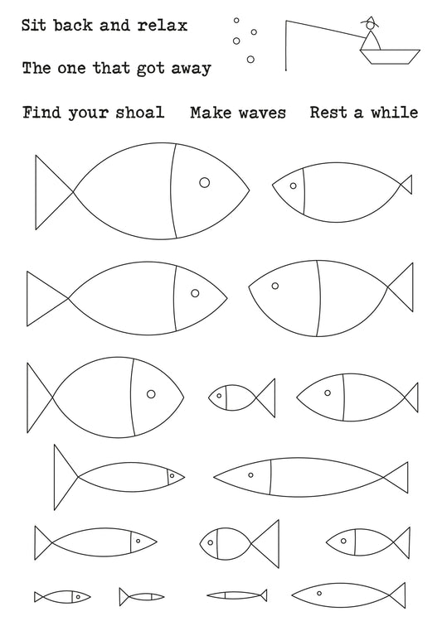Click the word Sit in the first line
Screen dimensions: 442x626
click(x=34, y=25)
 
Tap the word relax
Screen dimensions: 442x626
click(x=163, y=25)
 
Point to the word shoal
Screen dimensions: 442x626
click(x=140, y=112)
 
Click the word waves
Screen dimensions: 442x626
click(x=262, y=113)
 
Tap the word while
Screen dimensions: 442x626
click(x=395, y=112)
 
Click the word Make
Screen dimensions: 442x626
click(x=211, y=113)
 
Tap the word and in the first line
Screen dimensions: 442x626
click(x=114, y=25)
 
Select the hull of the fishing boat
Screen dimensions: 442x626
click(x=390, y=56)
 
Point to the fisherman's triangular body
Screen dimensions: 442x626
click(x=372, y=41)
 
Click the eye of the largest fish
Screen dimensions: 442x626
click(x=204, y=182)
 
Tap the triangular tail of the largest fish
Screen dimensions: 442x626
click(x=55, y=192)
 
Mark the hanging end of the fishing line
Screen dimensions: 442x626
click(x=286, y=70)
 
